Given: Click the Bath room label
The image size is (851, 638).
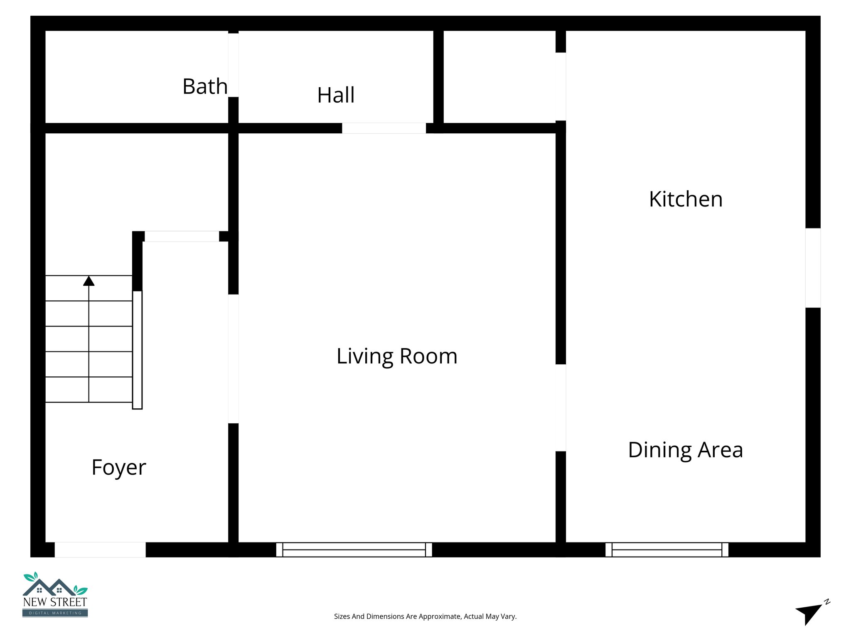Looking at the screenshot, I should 205,86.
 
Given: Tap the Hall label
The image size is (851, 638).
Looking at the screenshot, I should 336,95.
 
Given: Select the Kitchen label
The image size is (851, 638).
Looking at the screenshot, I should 686,199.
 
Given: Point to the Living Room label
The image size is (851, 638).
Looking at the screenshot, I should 397,356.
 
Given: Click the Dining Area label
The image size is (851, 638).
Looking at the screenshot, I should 685,450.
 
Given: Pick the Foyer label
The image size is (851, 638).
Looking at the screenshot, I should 119,468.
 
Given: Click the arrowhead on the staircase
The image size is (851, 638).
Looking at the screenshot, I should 89,281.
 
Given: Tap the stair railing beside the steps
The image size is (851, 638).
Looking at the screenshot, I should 137,350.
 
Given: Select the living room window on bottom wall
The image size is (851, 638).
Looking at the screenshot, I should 354,550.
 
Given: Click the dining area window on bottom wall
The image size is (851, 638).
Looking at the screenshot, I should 667,550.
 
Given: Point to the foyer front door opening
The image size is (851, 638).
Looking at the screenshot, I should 100,550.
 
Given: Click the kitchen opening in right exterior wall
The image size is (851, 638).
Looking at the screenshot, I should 813,268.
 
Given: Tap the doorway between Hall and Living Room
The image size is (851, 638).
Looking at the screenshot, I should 384,128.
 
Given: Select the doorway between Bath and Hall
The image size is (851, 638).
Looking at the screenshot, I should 233,65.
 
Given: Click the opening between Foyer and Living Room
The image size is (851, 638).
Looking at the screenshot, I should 233,358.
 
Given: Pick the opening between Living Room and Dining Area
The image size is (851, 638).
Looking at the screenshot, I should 561,407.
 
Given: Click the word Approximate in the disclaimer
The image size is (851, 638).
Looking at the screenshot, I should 440,616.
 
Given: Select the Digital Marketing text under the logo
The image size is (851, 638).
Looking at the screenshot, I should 55,613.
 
